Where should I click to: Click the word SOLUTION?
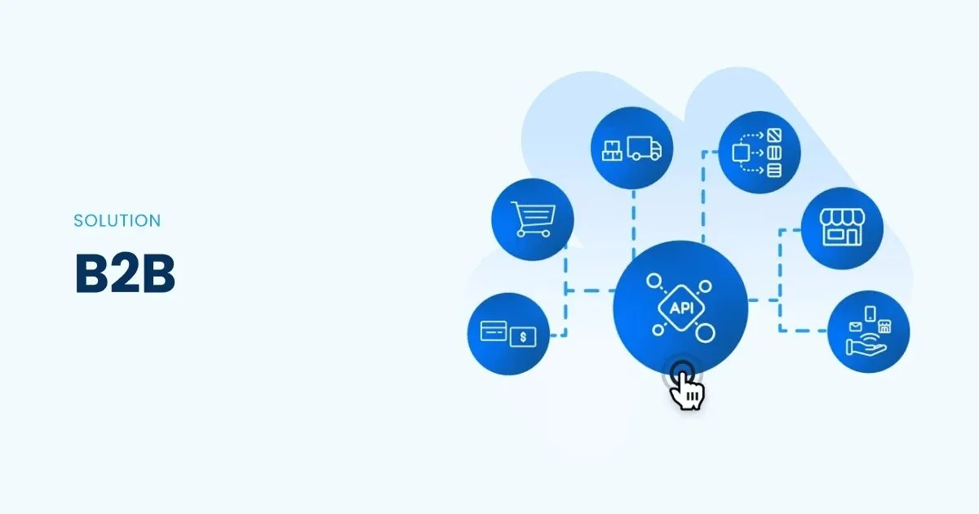[x=117, y=220]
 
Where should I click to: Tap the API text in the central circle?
[x=680, y=308]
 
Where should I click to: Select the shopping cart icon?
[x=534, y=219]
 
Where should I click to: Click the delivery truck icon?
[x=645, y=148]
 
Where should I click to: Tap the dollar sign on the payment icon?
[x=522, y=336]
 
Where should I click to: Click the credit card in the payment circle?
[x=494, y=331]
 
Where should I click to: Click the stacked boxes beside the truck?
[x=612, y=149]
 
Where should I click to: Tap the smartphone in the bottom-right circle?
[x=870, y=313]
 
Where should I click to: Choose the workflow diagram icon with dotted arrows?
[x=759, y=153]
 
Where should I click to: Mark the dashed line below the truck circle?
[x=633, y=216]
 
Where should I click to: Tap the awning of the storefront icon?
[x=841, y=217]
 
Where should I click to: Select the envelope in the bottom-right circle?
[x=854, y=327]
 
